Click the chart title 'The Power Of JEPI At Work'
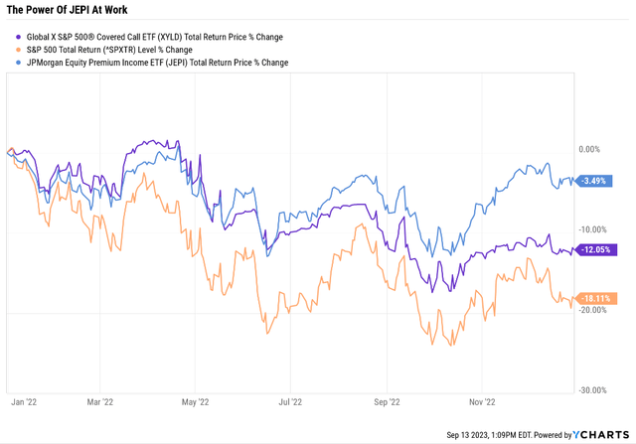click(67, 10)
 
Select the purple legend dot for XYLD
click(15, 37)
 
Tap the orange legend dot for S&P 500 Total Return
click(15, 49)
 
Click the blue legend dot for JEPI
click(15, 61)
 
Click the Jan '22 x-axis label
click(24, 403)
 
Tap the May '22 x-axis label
click(197, 403)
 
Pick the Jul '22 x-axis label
click(290, 403)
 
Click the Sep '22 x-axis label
click(386, 403)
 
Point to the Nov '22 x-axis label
click(481, 403)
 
